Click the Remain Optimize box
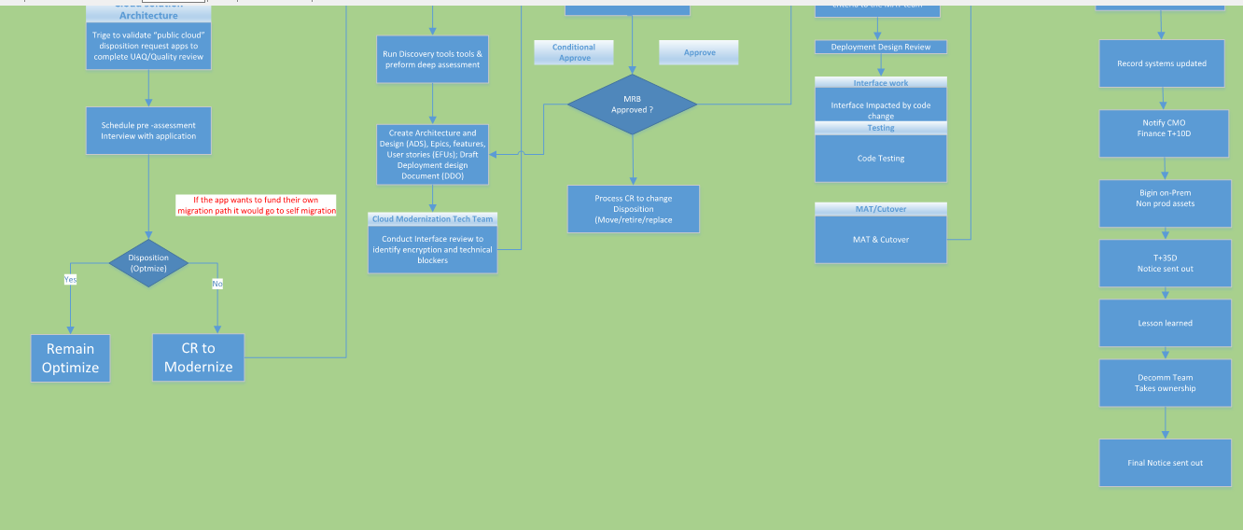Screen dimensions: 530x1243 coord(70,358)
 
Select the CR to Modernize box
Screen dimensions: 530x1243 coord(199,357)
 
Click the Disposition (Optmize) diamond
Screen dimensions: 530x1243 coord(148,262)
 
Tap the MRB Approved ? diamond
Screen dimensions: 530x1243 coord(632,104)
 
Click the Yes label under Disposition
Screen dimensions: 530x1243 coord(70,279)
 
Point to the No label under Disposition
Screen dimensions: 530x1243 coord(217,283)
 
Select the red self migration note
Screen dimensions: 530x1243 coord(257,205)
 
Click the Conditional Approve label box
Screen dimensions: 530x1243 coord(574,52)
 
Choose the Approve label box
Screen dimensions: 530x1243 coord(699,52)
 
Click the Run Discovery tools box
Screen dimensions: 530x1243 coord(432,59)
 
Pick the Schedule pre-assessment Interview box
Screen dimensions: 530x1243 coord(149,131)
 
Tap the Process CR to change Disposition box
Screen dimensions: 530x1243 coord(633,209)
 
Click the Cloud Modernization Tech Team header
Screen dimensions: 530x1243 coord(432,218)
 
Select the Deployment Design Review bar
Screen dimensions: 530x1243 coord(881,47)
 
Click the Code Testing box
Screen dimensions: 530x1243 coord(881,159)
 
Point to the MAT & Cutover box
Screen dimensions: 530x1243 coord(881,240)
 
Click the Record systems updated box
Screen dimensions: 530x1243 coord(1162,63)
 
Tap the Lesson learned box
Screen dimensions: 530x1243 coord(1165,323)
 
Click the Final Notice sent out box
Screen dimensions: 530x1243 coord(1165,463)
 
